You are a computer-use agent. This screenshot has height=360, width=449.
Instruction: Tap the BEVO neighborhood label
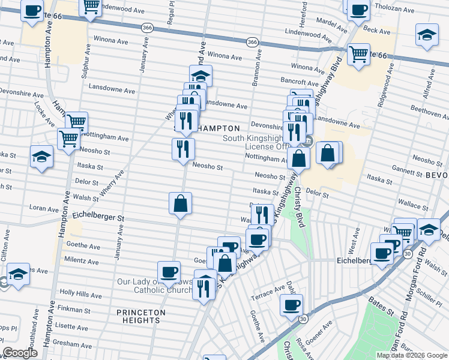click(x=436, y=175)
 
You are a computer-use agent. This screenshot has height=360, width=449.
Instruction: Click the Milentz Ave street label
click(x=82, y=262)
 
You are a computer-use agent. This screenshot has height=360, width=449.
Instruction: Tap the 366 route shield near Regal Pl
click(x=147, y=28)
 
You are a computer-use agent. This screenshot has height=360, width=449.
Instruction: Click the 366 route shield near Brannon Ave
click(x=253, y=41)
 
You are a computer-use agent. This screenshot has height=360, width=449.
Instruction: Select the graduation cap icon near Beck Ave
click(x=426, y=35)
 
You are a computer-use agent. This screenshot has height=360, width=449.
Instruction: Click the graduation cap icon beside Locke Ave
click(x=41, y=157)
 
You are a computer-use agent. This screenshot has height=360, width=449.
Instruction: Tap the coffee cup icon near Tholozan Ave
click(x=358, y=10)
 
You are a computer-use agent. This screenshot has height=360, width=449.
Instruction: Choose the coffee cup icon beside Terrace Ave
click(x=292, y=304)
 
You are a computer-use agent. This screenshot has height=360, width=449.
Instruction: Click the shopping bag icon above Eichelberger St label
click(x=180, y=204)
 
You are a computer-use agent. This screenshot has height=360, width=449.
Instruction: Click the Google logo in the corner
click(x=20, y=352)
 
